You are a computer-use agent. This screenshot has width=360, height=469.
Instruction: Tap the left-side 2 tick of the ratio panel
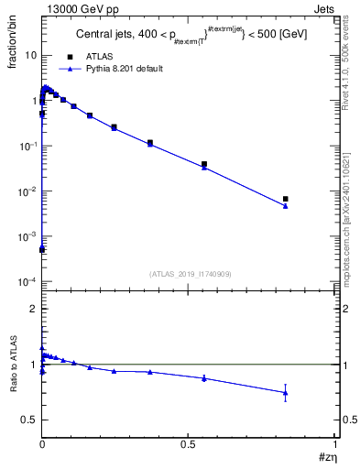click(x=33, y=309)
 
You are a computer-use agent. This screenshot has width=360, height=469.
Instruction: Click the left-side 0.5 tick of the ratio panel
click(x=29, y=420)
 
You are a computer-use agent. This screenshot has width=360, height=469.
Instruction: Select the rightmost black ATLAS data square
click(x=286, y=199)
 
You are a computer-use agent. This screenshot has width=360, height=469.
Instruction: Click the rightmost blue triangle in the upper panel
click(x=286, y=205)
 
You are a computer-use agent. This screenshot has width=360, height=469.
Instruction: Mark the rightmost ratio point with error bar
click(x=286, y=392)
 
